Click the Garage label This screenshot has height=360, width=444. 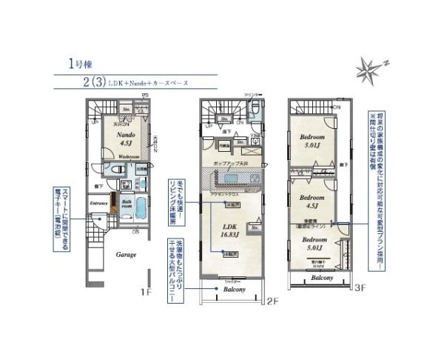(124, 254)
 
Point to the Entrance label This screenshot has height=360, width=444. (98, 202)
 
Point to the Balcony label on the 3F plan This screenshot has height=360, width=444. (320, 278)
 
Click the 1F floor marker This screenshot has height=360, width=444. (147, 291)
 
